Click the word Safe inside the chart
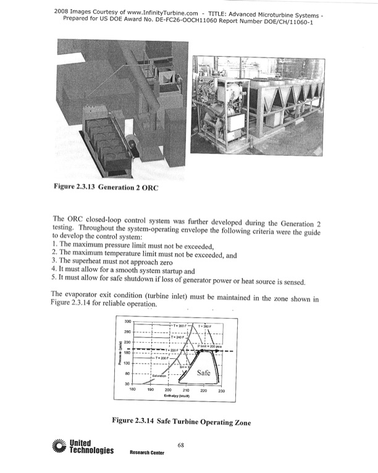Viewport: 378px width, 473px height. click(204, 374)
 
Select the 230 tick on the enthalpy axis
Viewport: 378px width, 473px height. click(221, 391)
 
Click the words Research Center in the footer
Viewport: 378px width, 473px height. click(146, 452)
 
